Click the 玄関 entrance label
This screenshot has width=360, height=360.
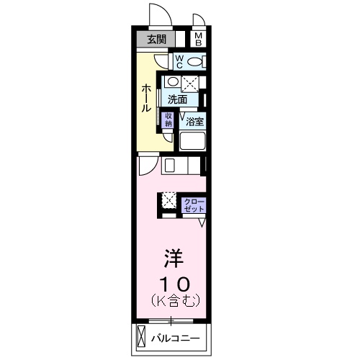pos(157,39)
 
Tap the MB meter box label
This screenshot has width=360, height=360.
pos(199,40)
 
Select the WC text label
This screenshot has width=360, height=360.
pos(179,62)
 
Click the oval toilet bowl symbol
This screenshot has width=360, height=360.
pos(194,62)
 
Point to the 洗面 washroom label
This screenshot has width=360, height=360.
pos(177,99)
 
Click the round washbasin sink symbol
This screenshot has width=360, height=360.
pos(171,81)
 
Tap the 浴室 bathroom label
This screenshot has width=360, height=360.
pos(195,122)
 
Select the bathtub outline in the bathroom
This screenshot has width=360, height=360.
pos(192,140)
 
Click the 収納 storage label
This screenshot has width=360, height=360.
pos(168,120)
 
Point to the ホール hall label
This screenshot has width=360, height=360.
pos(146,98)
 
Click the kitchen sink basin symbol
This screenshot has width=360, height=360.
pos(169,165)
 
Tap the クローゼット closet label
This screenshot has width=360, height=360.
pos(194,205)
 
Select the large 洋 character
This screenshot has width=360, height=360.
pos(174,258)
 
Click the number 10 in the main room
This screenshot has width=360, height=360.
pos(175,284)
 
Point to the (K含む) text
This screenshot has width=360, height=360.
pos(176,300)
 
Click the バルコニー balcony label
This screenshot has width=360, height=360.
pos(176,338)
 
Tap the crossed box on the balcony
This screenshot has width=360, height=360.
pos(141,336)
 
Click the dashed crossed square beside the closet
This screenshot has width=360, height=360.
pos(169,200)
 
